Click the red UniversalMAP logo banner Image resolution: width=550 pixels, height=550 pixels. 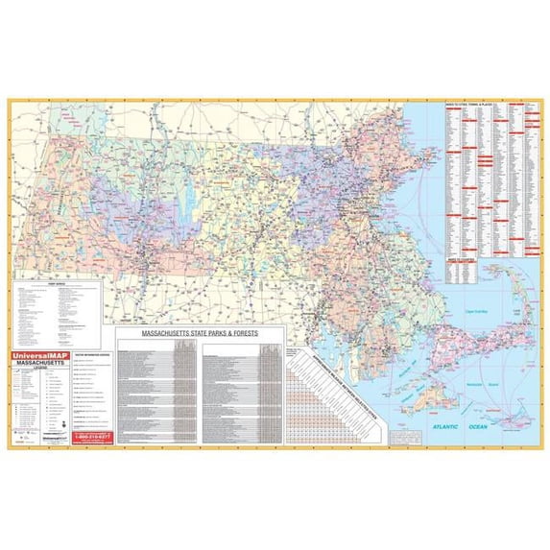[43, 357]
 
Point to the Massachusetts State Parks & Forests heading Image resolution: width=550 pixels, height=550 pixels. [199, 335]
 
